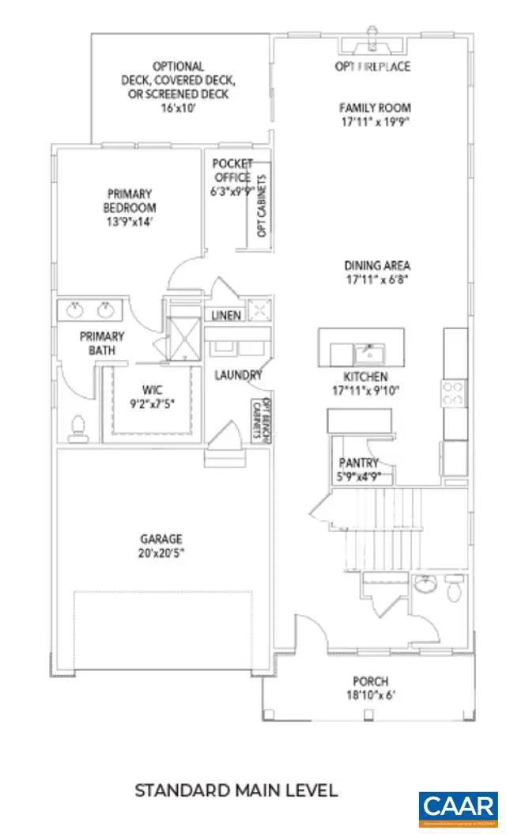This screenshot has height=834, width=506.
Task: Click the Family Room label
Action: point(376,108)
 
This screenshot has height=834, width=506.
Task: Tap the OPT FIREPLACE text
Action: point(372,66)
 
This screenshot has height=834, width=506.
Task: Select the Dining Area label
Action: point(377,267)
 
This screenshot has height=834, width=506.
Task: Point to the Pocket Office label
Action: point(232,171)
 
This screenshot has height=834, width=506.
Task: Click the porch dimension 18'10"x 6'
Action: point(371,696)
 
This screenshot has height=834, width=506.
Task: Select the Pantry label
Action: point(357,463)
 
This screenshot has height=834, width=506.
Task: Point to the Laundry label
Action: point(238,375)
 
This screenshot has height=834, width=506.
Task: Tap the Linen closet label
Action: point(226,315)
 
